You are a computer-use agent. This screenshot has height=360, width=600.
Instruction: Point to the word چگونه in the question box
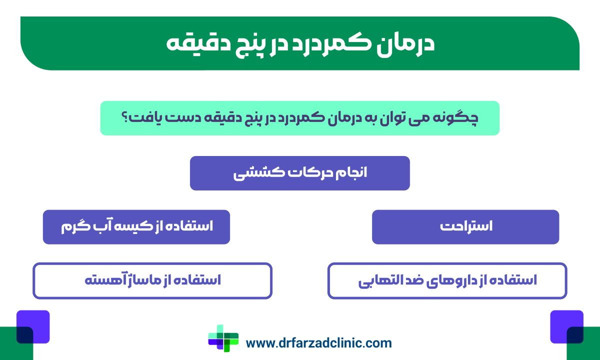[460, 118]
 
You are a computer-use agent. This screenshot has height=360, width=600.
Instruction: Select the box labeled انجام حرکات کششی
[299, 173]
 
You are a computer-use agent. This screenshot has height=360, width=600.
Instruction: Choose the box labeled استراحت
[465, 226]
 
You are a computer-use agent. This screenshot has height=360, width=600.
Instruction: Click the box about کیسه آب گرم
[136, 226]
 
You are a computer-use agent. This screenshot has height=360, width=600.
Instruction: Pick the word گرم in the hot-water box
[72, 226]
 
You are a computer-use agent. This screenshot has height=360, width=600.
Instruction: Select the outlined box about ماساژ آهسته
[152, 280]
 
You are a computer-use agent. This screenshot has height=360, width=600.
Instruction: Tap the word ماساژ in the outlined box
[134, 280]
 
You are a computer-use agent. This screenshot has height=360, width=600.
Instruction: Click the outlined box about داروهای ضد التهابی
[447, 280]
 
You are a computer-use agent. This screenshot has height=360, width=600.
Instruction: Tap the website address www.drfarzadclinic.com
[318, 343]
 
